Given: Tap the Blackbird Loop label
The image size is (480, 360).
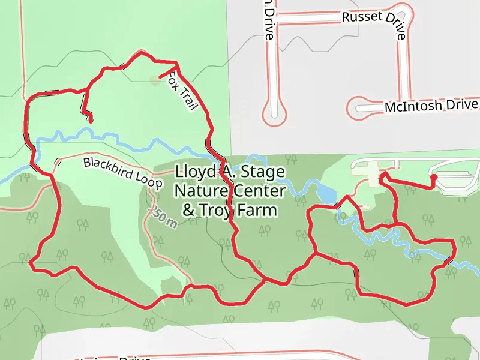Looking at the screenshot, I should tap(122, 173).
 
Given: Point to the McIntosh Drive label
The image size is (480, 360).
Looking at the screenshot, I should tap(431, 106).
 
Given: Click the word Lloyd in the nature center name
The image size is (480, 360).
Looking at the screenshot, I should tap(193, 172).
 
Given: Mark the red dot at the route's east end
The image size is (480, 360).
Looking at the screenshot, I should tap(433, 178).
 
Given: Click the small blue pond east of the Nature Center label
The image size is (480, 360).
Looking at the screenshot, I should tap(326, 193).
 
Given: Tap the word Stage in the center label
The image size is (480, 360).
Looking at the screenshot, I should tap(263, 172).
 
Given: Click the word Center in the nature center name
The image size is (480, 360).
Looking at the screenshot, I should tap(263, 191).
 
